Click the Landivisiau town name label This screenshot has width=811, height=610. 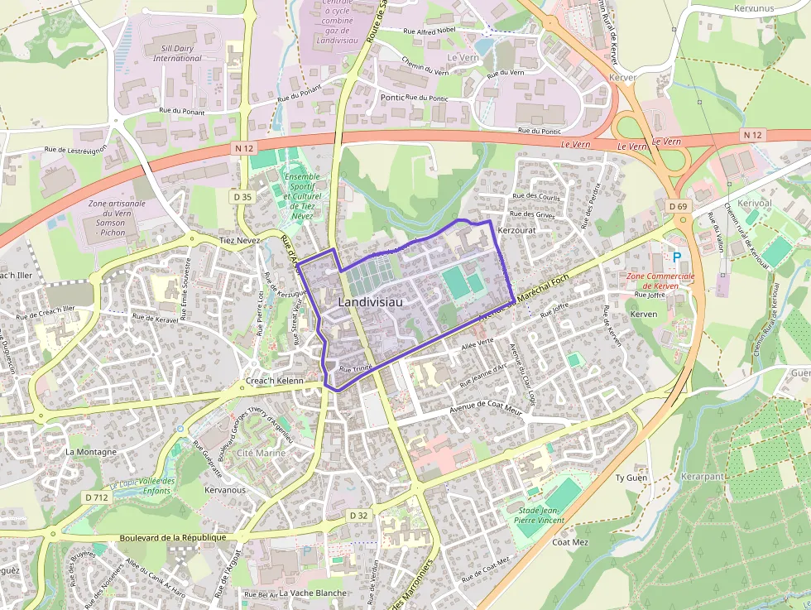click(370, 303)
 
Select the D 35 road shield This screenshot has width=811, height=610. click(242, 197)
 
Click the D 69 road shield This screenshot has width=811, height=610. click(677, 206)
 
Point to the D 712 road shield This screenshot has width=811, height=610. click(97, 497)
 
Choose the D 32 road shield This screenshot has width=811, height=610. click(358, 515)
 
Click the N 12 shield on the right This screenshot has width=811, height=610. click(752, 134)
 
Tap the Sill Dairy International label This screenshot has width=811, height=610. click(177, 54)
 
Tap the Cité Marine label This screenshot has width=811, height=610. click(261, 453)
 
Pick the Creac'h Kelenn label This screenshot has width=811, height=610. click(275, 381)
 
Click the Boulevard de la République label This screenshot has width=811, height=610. click(173, 537)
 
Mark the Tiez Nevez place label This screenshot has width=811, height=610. click(240, 240)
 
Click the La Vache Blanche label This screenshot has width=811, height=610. click(313, 593)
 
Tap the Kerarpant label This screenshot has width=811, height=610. click(703, 478)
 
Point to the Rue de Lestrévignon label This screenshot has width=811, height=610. click(75, 150)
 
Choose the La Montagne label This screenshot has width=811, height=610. click(91, 452)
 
